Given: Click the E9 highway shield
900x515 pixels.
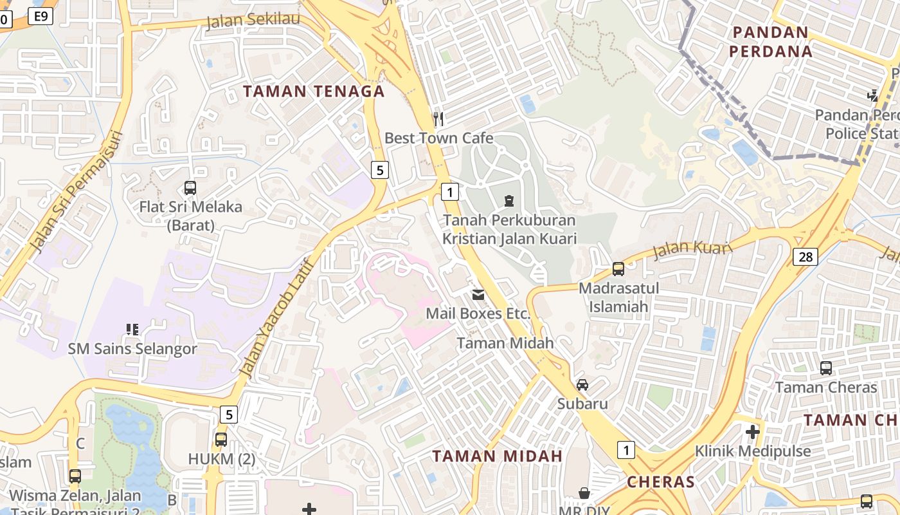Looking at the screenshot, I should click(x=40, y=16).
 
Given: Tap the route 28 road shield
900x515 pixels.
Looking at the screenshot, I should click(x=805, y=257).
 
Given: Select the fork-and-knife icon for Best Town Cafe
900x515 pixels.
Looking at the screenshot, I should click(x=438, y=118).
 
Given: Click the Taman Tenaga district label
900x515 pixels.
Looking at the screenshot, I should click(x=314, y=91).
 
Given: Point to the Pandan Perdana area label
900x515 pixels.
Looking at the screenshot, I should click(x=770, y=41).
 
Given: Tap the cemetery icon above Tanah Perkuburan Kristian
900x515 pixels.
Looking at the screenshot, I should click(x=509, y=201).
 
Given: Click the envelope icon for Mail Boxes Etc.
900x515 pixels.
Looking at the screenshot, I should click(x=478, y=295).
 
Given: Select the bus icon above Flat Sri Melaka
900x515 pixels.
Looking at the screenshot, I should click(x=190, y=188).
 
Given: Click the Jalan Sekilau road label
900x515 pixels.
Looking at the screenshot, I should click(x=253, y=21).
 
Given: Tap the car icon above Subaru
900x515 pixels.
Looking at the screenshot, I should click(x=582, y=385).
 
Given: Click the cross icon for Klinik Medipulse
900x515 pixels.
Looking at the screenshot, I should click(x=753, y=431).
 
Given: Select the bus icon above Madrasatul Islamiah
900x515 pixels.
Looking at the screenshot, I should click(x=618, y=268).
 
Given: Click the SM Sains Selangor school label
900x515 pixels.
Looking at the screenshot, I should click(x=132, y=349).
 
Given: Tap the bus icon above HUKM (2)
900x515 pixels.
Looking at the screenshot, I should click(x=221, y=440).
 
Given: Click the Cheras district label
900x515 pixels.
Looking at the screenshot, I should click(x=661, y=482).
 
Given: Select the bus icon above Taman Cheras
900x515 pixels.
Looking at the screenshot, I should click(x=826, y=368).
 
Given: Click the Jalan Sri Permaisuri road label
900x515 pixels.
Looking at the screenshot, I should click(x=76, y=192).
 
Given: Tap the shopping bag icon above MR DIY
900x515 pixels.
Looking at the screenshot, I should click(x=584, y=493).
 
